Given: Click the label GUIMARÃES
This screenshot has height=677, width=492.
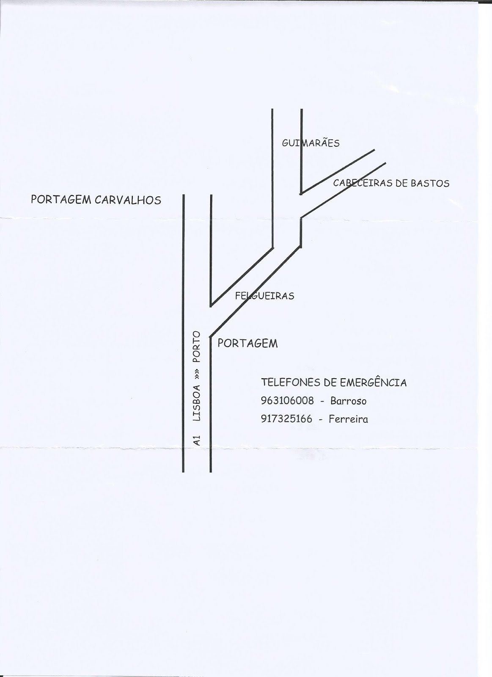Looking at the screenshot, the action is point(311,143).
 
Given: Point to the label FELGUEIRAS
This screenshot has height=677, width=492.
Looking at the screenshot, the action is point(264,296).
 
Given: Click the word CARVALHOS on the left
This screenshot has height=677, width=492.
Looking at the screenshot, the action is point(128,200).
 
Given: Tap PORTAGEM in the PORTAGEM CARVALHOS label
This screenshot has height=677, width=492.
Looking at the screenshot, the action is point(61,200).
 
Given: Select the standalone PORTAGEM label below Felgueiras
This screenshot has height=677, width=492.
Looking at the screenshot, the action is point(247,343).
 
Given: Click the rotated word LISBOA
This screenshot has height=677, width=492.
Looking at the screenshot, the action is point(197,402).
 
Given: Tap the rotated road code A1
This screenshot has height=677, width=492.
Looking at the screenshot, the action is point(197,440).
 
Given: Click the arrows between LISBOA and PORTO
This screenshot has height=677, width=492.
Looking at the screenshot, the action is point(197,374).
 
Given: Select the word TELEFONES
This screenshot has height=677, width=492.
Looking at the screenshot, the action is point(291,383).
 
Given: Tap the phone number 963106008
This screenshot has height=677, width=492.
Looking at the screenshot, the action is point(288,400).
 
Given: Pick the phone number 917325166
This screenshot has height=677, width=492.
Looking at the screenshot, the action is point(287,419).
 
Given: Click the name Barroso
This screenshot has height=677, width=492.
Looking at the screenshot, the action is point(348,400).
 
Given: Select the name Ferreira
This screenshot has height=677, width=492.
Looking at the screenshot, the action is point(348,419).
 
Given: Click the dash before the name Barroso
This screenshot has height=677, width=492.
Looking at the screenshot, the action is point(322,401).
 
